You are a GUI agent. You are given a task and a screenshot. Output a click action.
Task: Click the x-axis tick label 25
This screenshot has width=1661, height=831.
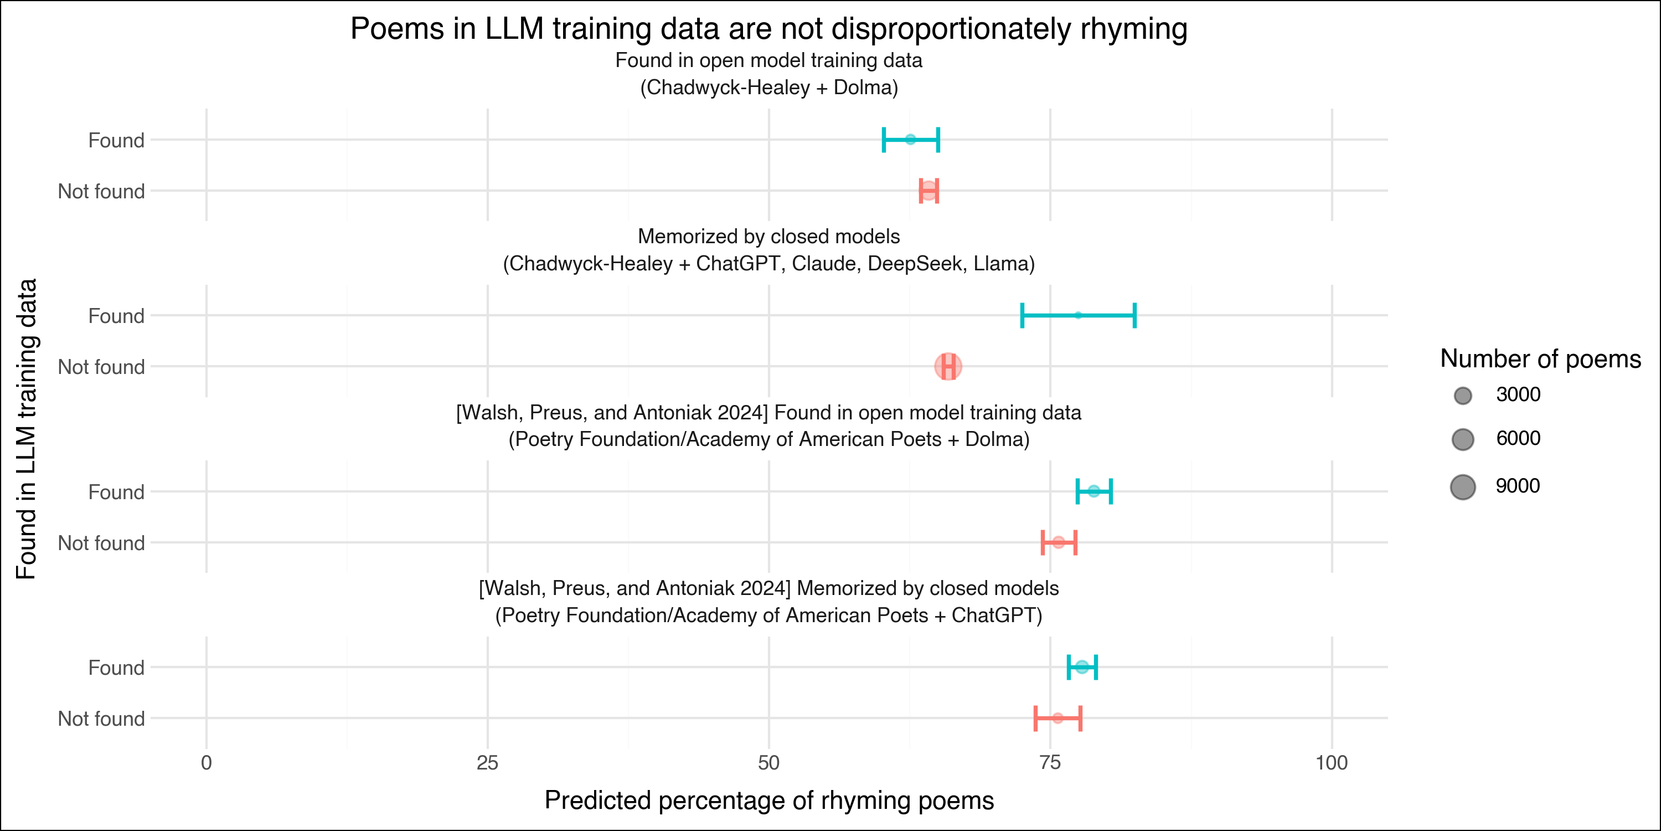[487, 763]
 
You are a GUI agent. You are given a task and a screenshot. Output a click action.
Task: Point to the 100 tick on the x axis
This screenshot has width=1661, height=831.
[1332, 763]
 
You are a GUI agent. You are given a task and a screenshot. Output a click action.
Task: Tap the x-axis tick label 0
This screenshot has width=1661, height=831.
[207, 763]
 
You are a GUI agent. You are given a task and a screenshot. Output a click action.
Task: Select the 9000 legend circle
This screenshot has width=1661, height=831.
[1463, 486]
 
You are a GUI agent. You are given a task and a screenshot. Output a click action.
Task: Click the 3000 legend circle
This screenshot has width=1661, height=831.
[1463, 396]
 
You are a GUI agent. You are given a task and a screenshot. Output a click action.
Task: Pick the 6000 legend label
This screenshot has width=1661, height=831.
[1518, 439]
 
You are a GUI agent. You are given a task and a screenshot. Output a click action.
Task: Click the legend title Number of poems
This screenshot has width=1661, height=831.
[1540, 359]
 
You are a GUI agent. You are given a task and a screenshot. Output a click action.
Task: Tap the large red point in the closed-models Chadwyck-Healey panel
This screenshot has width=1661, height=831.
[948, 366]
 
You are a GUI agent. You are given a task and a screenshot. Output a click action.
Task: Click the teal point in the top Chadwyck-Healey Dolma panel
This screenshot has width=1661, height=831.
[910, 140]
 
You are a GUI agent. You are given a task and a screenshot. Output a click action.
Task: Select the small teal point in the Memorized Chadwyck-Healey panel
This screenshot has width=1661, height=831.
[1078, 315]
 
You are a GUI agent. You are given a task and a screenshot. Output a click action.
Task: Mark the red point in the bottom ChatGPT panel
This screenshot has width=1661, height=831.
[1058, 718]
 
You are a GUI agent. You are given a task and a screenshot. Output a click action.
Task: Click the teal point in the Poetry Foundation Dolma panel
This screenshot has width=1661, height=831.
[1093, 491]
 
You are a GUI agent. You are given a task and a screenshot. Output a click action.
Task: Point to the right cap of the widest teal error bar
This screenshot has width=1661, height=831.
[1135, 315]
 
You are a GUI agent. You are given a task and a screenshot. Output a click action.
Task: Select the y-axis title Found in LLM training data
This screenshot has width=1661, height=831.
[27, 428]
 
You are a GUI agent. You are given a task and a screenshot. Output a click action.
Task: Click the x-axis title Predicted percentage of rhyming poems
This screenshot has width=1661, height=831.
[768, 800]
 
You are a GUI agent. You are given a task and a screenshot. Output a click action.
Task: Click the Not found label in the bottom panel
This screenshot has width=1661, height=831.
[101, 719]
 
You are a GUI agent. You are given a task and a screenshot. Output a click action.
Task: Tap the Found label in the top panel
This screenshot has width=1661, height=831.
[116, 140]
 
